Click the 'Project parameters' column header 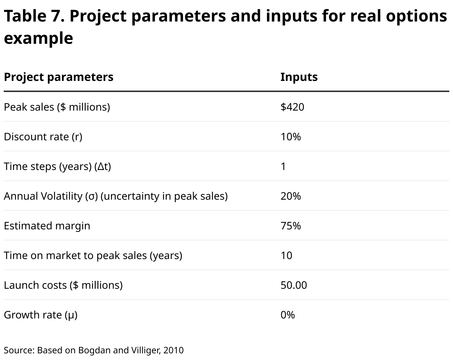58,77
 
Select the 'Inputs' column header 299,77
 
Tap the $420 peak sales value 292,107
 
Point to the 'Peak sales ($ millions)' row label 57,107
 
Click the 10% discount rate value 290,137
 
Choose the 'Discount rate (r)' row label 43,137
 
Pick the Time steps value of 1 283,166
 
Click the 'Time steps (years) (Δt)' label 57,166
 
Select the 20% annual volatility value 290,196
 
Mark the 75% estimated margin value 290,226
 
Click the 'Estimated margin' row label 47,226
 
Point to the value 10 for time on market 286,255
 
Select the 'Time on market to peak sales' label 93,255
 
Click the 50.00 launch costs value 294,285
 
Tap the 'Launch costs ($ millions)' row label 63,285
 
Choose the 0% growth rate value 287,315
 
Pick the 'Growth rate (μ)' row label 40,315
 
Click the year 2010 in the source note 173,350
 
